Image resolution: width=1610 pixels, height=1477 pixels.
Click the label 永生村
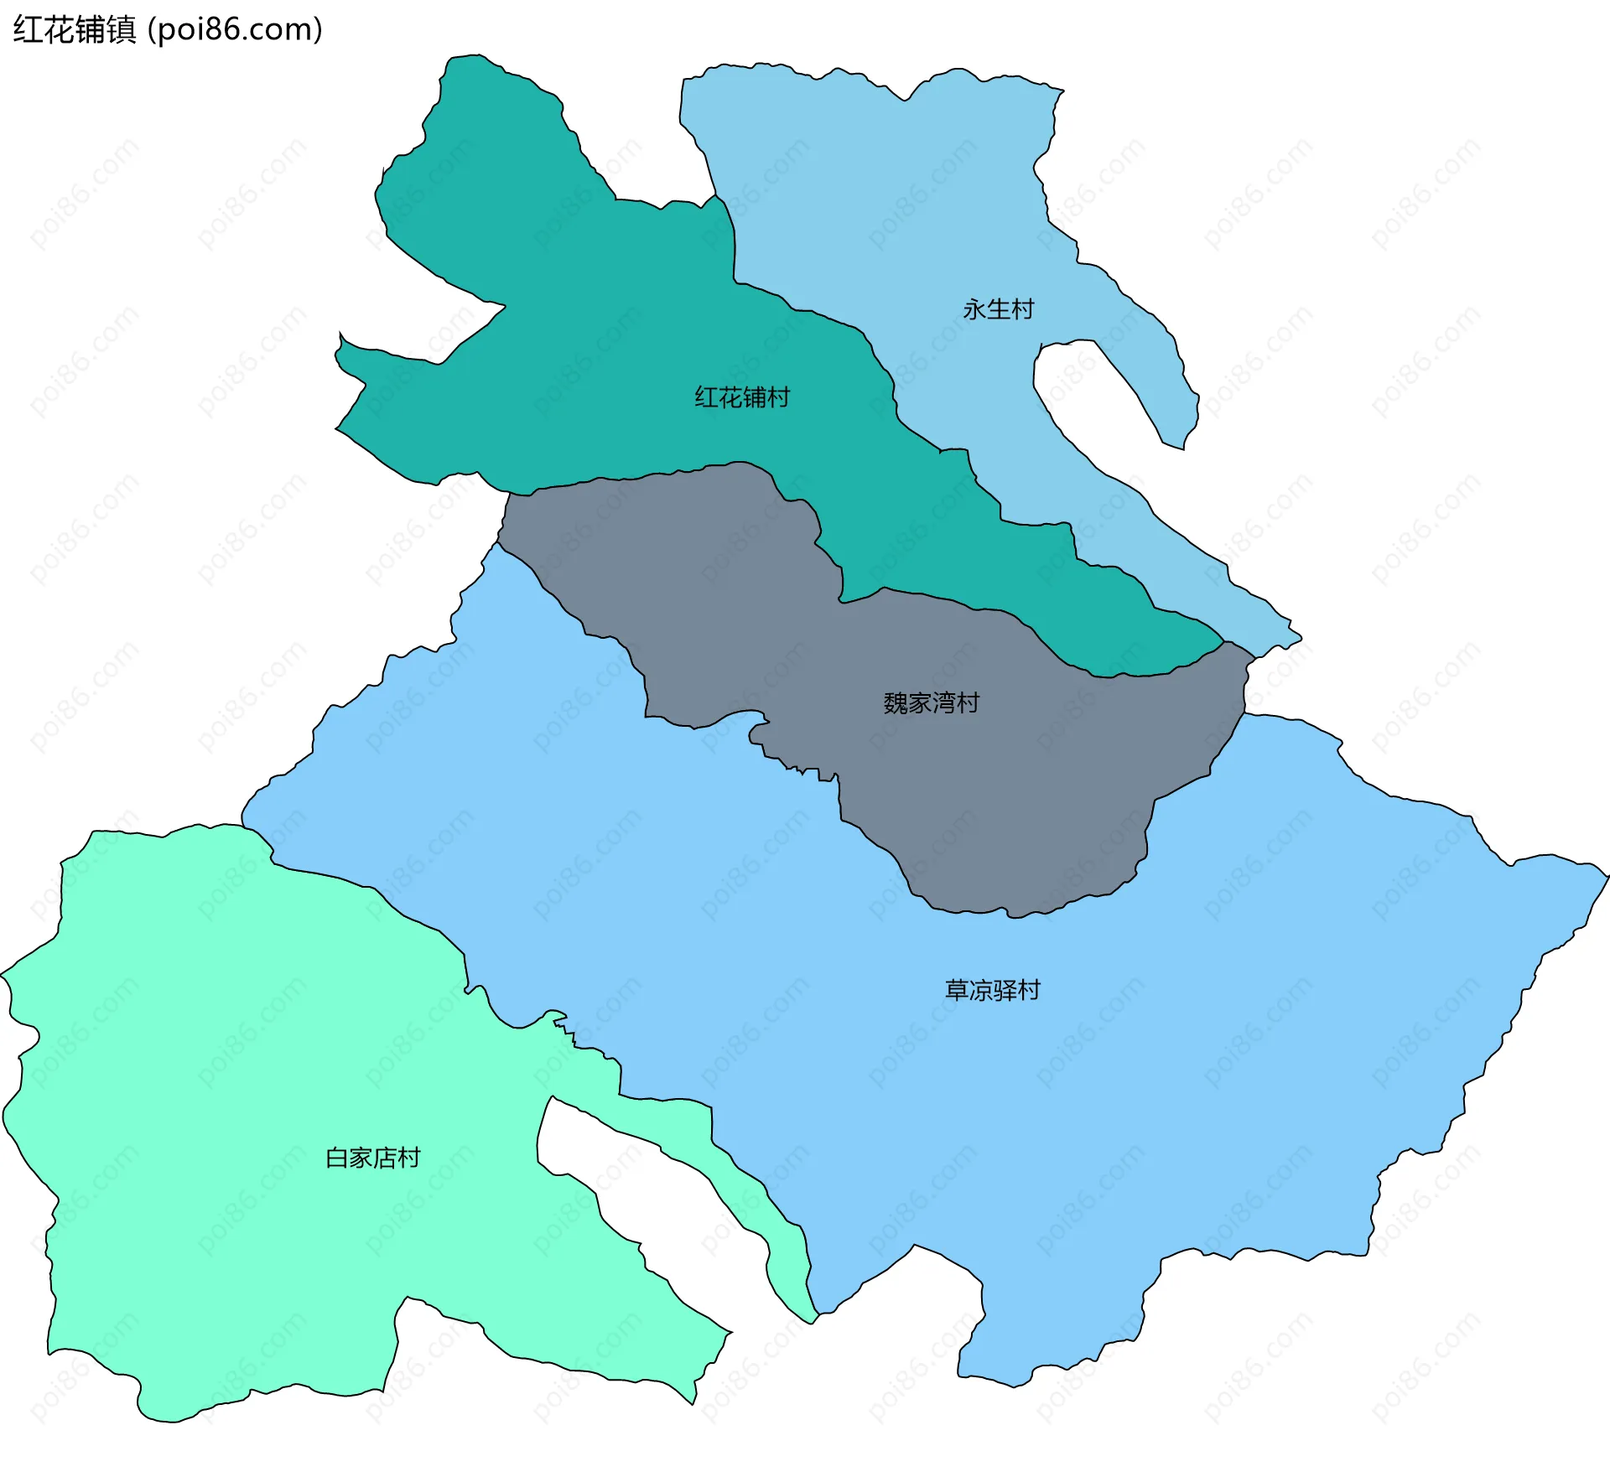coord(998,309)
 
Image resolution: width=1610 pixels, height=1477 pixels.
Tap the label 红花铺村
coord(742,397)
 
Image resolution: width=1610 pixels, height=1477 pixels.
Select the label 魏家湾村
coord(931,702)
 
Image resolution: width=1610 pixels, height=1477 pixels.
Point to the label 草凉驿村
coord(992,990)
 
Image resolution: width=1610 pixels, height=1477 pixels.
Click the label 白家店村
coord(372,1158)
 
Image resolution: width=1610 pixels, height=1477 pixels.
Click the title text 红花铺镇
coord(74,30)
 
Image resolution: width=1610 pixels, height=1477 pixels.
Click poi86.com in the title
coord(235,30)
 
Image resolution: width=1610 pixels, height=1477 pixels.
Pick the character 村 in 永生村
coord(1022,309)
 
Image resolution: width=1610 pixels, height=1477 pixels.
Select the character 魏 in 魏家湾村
coord(895,702)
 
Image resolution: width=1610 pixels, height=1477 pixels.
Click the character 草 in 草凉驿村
coord(957,990)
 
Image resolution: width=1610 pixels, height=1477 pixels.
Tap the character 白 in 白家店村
coord(336,1158)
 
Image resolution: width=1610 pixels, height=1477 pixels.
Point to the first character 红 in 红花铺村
coord(706,397)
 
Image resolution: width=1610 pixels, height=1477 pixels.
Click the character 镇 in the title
coord(122,30)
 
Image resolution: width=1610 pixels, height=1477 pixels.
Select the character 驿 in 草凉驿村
coord(1005,990)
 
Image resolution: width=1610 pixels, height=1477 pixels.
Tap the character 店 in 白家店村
coord(385,1158)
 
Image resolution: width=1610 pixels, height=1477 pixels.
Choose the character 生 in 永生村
coord(998,309)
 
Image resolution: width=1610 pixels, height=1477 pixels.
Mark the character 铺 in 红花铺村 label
coord(754,397)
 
